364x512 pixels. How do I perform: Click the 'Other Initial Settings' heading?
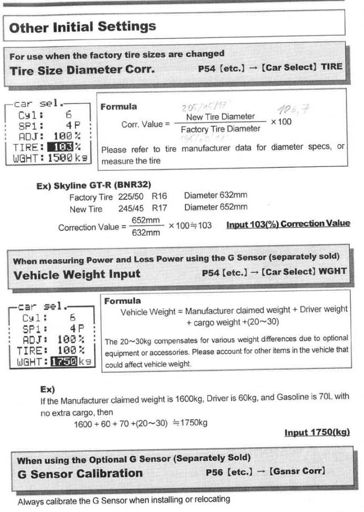coord(82,26)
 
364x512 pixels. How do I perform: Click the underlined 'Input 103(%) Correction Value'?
coord(288,224)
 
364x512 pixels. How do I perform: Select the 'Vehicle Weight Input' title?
coord(76,274)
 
